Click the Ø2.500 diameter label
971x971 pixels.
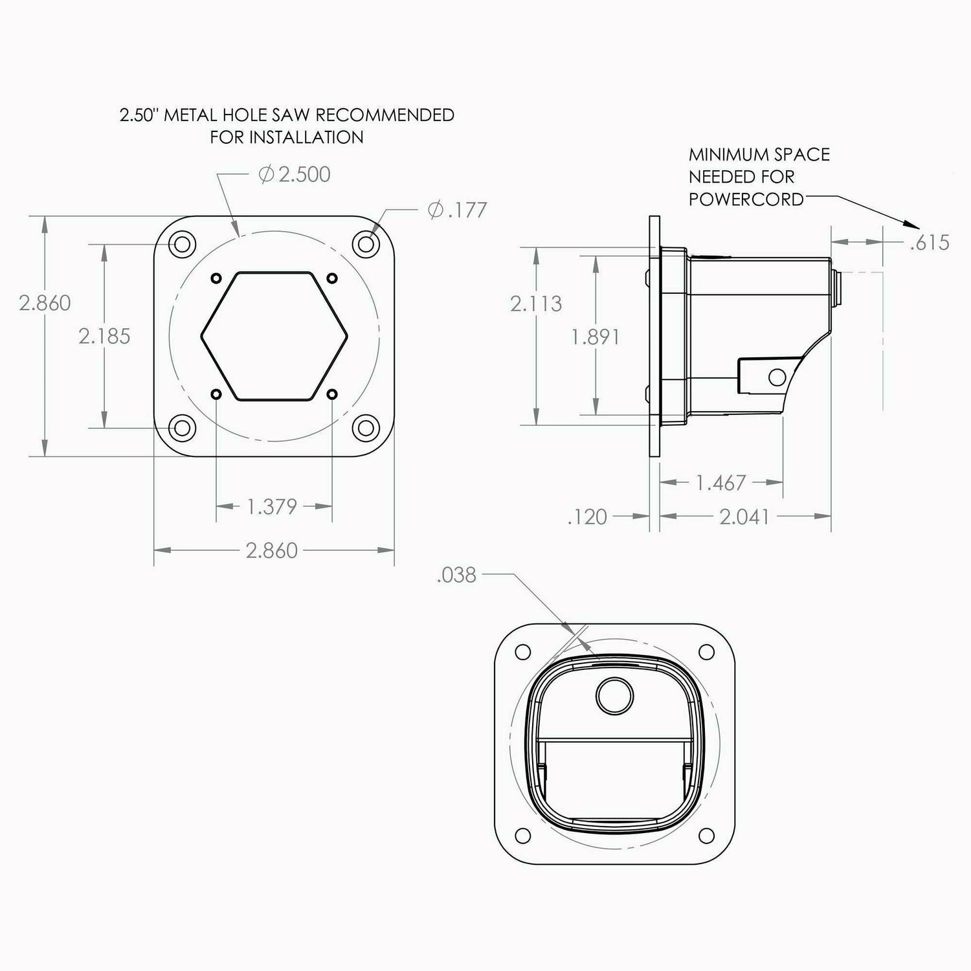click(295, 174)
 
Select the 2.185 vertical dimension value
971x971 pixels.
click(104, 336)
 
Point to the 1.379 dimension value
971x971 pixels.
click(272, 506)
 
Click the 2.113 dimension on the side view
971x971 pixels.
click(536, 304)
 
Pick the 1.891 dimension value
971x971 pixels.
click(596, 337)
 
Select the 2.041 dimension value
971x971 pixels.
click(744, 516)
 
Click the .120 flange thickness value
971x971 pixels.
click(587, 517)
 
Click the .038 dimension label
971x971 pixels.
click(456, 575)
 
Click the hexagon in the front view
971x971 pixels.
click(274, 335)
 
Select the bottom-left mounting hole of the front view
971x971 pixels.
click(182, 427)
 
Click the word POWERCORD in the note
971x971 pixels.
click(746, 199)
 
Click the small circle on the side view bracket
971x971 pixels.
click(776, 376)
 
